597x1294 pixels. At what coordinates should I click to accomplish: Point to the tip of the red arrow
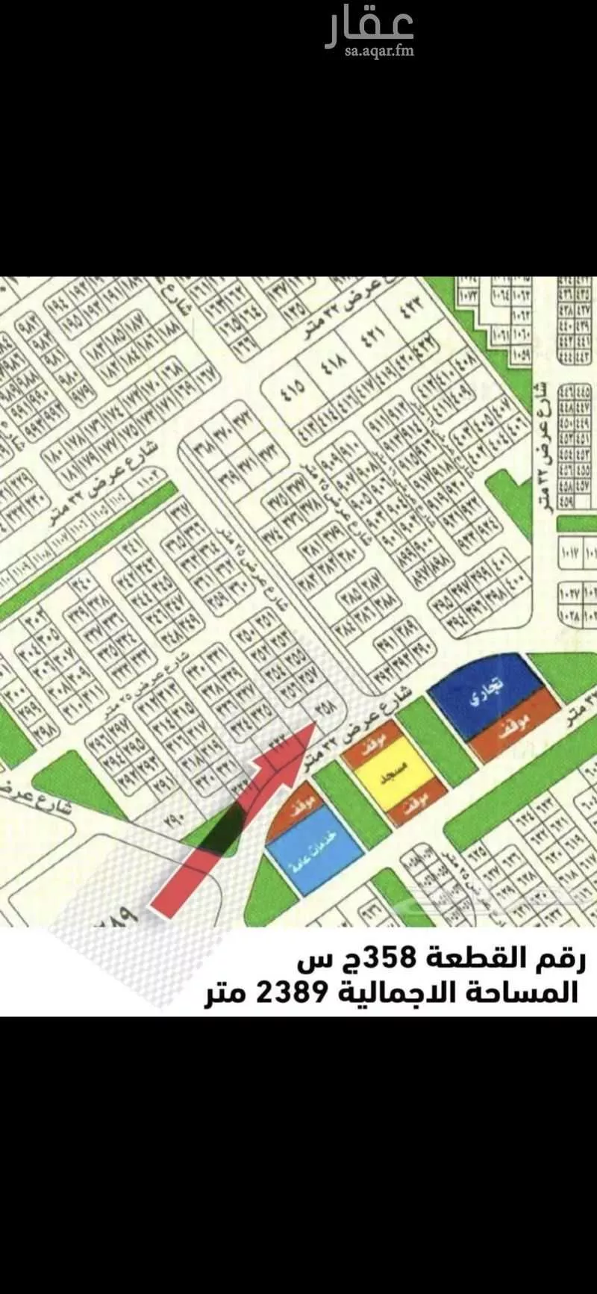point(314,722)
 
